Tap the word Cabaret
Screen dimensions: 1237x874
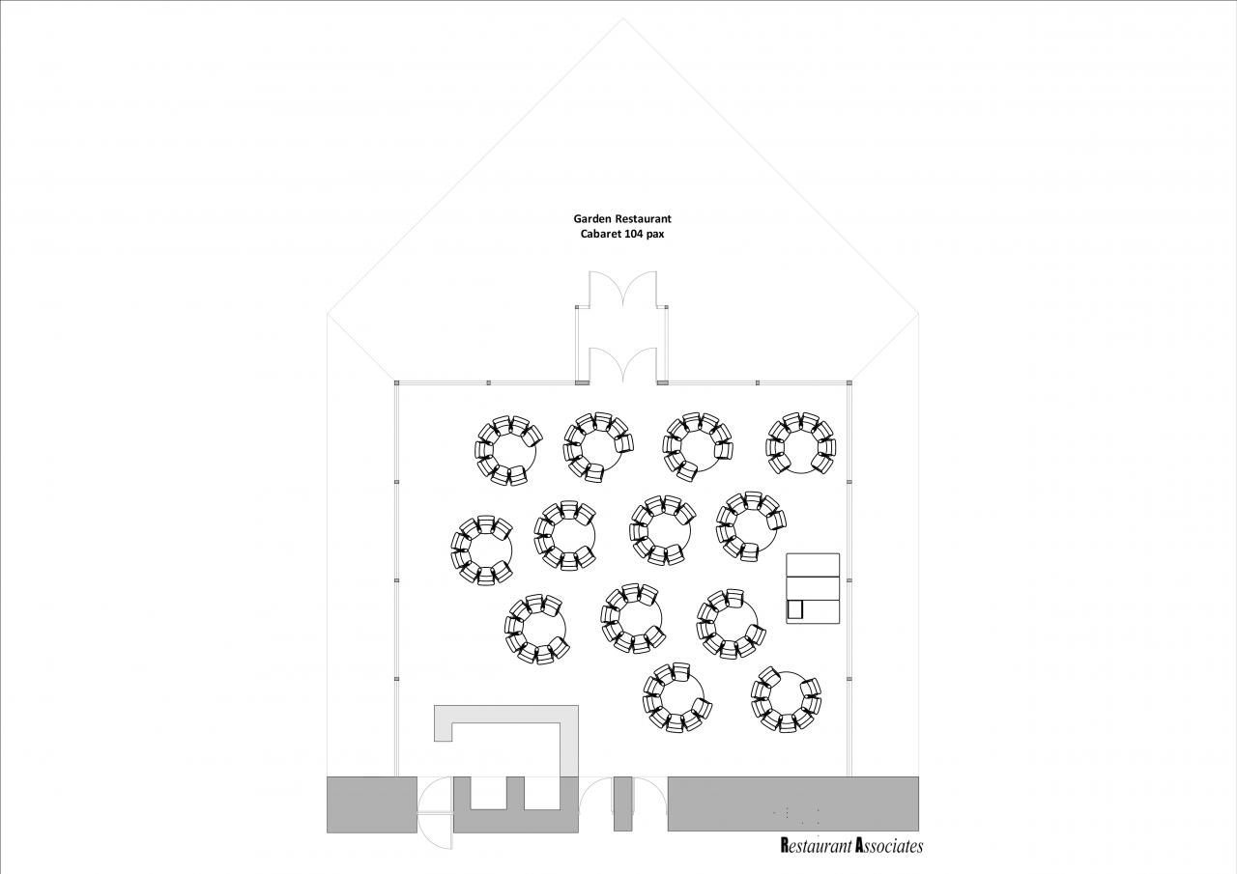600,234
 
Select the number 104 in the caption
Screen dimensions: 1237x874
634,234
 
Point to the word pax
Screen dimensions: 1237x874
655,235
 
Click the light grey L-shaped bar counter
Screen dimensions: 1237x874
570,740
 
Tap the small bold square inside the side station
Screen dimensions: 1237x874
794,609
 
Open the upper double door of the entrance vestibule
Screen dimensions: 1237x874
623,288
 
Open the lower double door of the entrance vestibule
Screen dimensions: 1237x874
623,364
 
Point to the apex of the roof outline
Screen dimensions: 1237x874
623,18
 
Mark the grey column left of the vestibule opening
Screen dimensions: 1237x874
582,382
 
